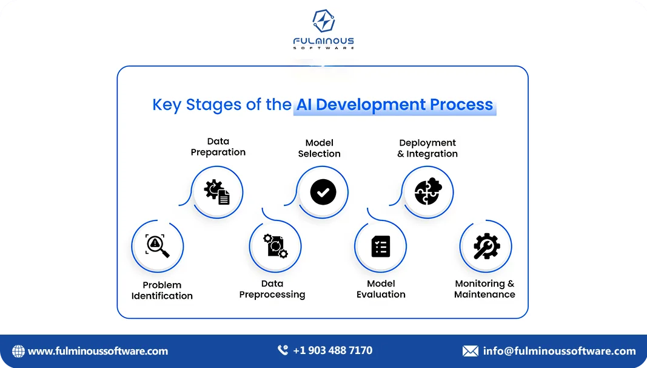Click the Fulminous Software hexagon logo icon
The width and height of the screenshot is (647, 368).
pyautogui.click(x=323, y=21)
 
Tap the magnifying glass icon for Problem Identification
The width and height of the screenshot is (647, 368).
pyautogui.click(x=158, y=245)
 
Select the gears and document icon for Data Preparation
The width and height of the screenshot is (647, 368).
pyautogui.click(x=217, y=192)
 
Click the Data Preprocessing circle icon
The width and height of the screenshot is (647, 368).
pyautogui.click(x=275, y=245)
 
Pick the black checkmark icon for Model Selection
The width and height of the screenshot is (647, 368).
pyautogui.click(x=323, y=193)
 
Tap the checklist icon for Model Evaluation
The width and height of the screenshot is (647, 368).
pyautogui.click(x=381, y=247)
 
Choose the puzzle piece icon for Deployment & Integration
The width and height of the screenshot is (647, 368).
pyautogui.click(x=428, y=193)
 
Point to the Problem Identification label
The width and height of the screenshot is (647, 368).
pyautogui.click(x=162, y=290)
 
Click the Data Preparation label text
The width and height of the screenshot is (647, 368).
pyautogui.click(x=218, y=147)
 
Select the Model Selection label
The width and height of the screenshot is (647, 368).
pyautogui.click(x=320, y=148)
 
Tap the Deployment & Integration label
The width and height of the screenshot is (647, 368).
pyautogui.click(x=427, y=148)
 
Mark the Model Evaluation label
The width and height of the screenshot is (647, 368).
pyautogui.click(x=381, y=289)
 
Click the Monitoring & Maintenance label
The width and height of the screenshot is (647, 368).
pyautogui.click(x=484, y=289)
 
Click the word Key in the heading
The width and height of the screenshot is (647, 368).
pyautogui.click(x=166, y=105)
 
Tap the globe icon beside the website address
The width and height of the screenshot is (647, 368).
pyautogui.click(x=19, y=351)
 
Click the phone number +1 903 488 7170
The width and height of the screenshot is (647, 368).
pyautogui.click(x=332, y=350)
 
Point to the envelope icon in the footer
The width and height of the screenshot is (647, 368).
pyautogui.click(x=471, y=351)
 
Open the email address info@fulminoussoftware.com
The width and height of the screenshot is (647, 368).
pyautogui.click(x=559, y=351)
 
